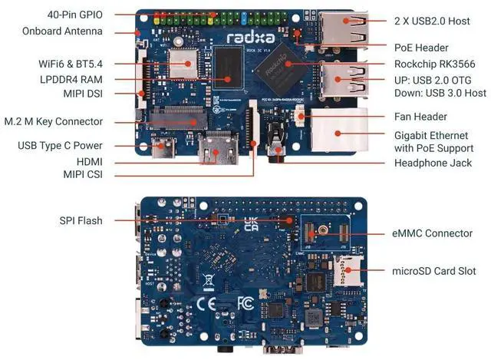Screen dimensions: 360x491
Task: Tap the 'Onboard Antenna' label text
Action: tap(68, 31)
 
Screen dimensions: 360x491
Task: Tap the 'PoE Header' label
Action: tap(421, 48)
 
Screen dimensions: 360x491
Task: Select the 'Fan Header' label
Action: tap(420, 117)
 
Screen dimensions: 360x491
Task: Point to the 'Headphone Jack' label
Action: tap(433, 163)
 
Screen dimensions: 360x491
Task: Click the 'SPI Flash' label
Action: tap(81, 221)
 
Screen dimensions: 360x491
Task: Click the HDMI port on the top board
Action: tap(213, 149)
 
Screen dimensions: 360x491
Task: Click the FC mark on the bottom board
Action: tap(246, 303)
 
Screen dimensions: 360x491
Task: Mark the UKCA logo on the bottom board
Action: tap(250, 224)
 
